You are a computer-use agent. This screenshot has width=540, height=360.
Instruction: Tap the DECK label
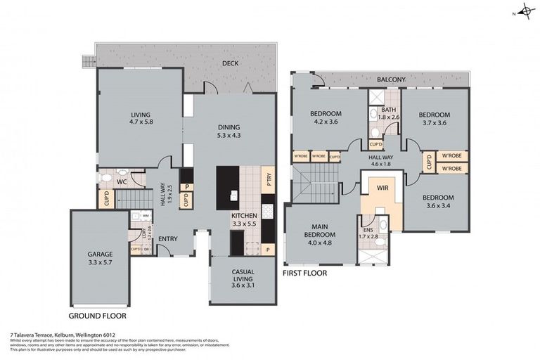pyautogui.click(x=231, y=63)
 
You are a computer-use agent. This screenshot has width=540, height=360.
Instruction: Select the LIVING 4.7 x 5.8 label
pyautogui.click(x=141, y=117)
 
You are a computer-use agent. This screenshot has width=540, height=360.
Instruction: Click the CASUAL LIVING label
pyautogui.click(x=243, y=276)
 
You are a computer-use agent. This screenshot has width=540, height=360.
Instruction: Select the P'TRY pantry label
pyautogui.click(x=267, y=179)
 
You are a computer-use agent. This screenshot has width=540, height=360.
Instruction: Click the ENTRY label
pyautogui.click(x=167, y=239)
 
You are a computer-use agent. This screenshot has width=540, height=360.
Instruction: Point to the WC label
pyautogui.click(x=121, y=182)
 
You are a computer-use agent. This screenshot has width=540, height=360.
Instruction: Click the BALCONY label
pyautogui.click(x=391, y=80)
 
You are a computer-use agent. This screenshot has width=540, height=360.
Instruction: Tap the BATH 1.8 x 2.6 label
pyautogui.click(x=389, y=113)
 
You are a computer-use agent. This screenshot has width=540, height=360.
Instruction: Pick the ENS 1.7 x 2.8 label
pyautogui.click(x=368, y=233)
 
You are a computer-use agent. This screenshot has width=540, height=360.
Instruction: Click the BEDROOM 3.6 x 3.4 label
pyautogui.click(x=438, y=202)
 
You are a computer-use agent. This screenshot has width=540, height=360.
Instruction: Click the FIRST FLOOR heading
pyautogui.click(x=304, y=273)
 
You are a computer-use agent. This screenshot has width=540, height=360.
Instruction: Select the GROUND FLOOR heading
pyautogui.click(x=98, y=316)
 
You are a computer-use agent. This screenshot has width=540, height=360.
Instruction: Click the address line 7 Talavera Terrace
pyautogui.click(x=63, y=335)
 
